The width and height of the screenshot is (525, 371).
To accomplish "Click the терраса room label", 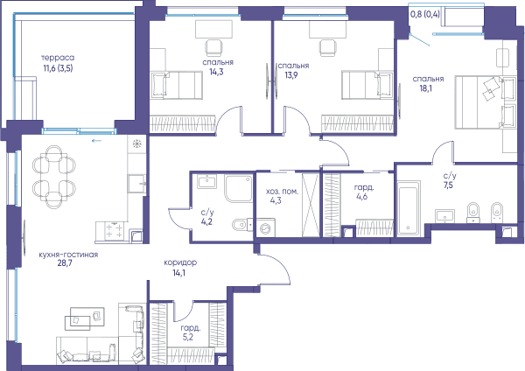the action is pos(58,58).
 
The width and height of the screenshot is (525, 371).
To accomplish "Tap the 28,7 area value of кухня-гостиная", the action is pos(65,263).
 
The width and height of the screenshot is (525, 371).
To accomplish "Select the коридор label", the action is pos(180,262).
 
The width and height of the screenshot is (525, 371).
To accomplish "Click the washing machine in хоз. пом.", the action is pos(265,228).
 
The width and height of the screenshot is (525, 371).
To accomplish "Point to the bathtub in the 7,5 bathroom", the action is pos(409,208).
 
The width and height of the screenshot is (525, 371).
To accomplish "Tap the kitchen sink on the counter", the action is pos(136,184).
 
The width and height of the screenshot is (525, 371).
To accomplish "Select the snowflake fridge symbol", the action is pos(136,144).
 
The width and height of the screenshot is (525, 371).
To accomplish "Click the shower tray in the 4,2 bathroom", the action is pos(239,188).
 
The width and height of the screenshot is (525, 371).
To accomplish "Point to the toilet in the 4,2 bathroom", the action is pos(240,225).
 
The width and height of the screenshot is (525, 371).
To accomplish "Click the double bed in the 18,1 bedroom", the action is pos(485,102).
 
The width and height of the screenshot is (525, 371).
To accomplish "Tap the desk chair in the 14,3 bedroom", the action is pos(214,47).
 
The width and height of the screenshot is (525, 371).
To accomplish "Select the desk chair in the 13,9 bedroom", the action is pos(327,47).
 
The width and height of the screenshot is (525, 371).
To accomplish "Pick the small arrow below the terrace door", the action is pos(96,141).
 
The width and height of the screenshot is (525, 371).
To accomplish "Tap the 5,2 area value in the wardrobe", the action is pos(188,337).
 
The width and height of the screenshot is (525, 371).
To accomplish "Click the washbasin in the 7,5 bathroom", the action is pos(445,215).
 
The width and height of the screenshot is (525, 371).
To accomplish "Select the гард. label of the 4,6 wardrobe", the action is pos(364,188).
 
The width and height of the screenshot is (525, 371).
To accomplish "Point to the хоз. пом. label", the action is pos(282,192).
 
